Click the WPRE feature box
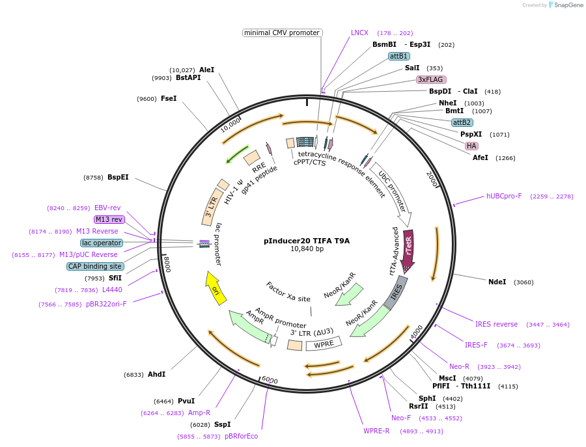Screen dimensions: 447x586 (324, 344)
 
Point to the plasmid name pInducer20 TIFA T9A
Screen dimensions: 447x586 (307, 241)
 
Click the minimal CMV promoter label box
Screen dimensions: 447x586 (282, 33)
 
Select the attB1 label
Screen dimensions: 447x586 (398, 57)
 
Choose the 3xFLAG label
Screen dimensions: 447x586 (430, 79)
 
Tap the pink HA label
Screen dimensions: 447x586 (471, 146)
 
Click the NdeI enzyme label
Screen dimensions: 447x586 (497, 282)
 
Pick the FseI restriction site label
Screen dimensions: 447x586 (169, 98)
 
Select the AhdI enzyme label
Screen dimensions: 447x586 (156, 374)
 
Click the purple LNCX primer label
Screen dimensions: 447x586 (359, 33)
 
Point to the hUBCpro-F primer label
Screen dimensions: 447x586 (504, 196)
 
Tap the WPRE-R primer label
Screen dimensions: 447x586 (376, 431)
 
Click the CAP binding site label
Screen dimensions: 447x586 (94, 266)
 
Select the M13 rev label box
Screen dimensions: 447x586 (109, 219)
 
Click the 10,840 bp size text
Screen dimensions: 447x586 (307, 249)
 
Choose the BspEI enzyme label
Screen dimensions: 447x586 (118, 177)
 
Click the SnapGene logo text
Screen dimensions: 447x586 (568, 5)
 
